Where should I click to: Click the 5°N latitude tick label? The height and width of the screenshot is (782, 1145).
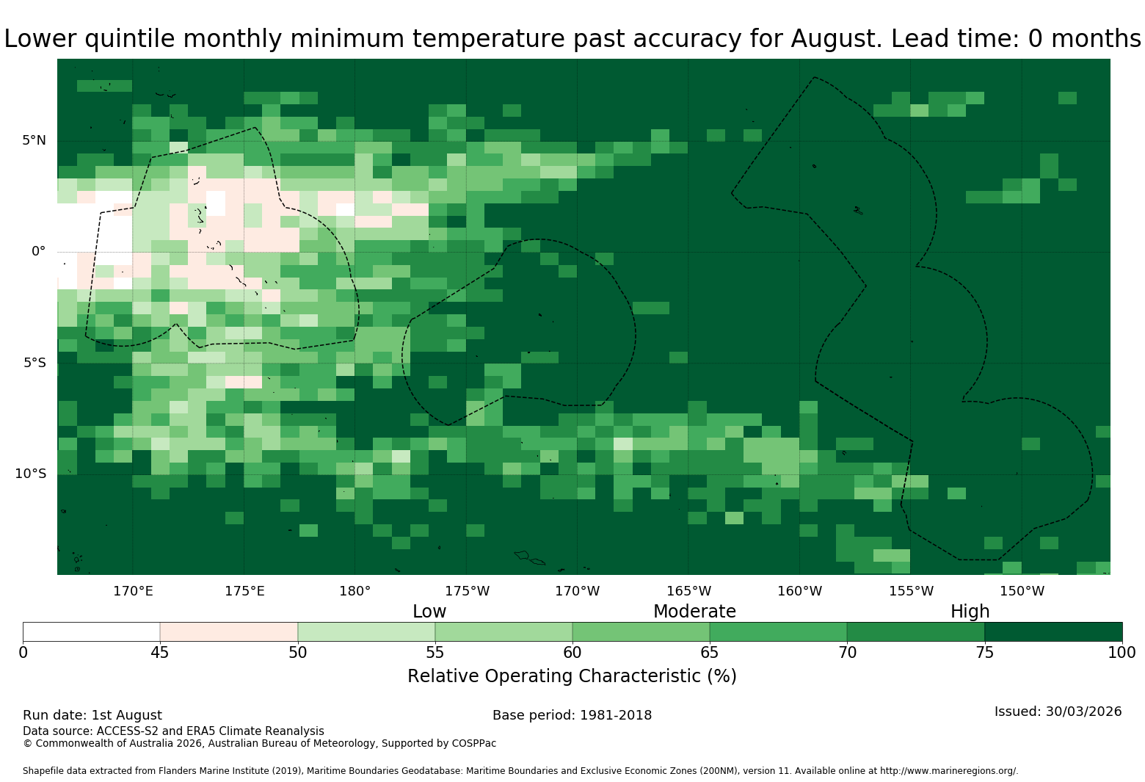[34, 140]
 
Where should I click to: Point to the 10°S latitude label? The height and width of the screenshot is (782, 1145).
[30, 474]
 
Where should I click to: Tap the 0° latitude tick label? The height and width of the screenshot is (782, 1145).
[38, 251]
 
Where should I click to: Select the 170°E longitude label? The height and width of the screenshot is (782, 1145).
[133, 591]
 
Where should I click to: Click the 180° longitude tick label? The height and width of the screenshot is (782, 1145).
[355, 591]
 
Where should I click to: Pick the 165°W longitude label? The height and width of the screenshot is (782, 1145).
[688, 591]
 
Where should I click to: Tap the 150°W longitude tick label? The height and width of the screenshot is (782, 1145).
[1022, 591]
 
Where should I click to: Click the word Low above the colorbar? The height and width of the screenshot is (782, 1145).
[429, 612]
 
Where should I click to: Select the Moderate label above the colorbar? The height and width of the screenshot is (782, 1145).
[694, 612]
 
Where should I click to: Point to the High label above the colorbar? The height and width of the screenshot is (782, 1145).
[970, 612]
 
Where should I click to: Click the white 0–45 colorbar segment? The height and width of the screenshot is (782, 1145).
[92, 632]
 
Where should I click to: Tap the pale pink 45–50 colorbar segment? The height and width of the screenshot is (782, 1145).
[229, 632]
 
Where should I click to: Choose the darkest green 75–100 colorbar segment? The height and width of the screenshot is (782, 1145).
[1053, 632]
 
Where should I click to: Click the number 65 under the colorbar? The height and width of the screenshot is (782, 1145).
[710, 653]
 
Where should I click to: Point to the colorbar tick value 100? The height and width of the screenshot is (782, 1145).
[1122, 653]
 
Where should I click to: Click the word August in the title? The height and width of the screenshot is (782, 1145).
[835, 39]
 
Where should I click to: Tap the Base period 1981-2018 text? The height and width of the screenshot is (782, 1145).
[572, 715]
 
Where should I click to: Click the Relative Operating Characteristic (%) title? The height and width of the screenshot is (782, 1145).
[572, 676]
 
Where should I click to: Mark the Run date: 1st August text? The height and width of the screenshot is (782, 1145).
[92, 715]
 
